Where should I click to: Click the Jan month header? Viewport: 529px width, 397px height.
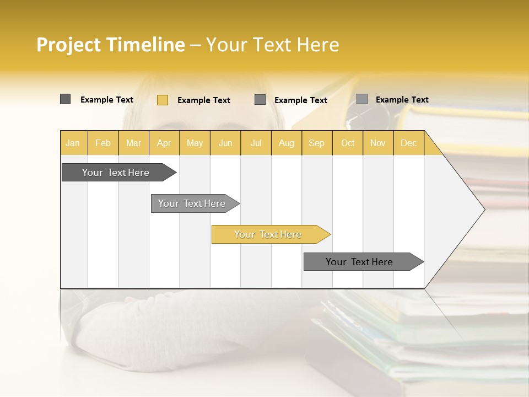tap(73, 143)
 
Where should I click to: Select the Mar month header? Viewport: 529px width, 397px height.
tap(133, 143)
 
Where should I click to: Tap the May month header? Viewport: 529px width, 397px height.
tap(195, 143)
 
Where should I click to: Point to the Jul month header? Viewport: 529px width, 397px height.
tap(256, 143)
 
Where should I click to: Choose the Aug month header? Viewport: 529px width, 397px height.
tap(286, 143)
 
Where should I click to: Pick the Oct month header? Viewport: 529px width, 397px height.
tap(348, 143)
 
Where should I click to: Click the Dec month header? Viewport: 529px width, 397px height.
tap(408, 143)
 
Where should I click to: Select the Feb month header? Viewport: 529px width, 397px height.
tap(103, 143)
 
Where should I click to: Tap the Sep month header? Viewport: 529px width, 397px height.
tap(316, 143)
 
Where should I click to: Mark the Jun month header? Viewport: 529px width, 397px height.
tap(225, 143)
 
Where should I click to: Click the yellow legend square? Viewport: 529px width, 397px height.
tap(163, 100)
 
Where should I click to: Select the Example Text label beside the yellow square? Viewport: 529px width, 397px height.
tap(203, 100)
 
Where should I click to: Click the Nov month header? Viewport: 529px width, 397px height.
tap(378, 143)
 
